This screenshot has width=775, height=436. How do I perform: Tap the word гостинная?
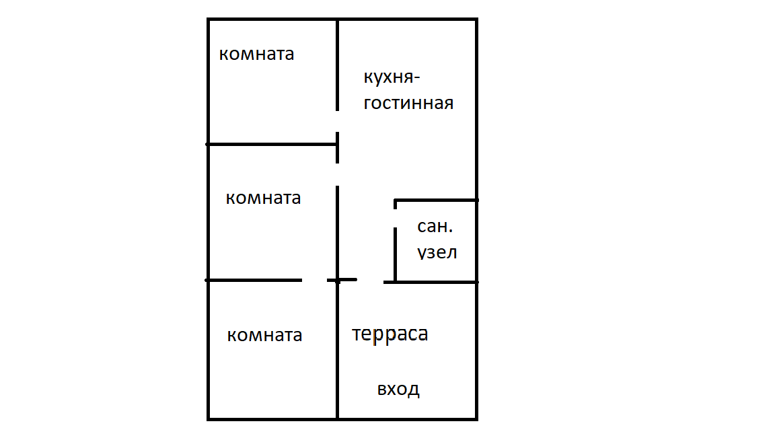point(408,103)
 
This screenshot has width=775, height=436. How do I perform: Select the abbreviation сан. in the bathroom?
point(434,227)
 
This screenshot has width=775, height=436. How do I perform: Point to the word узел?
point(437,253)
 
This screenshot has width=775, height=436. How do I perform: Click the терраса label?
point(390,334)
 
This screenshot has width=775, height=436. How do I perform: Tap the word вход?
point(398,389)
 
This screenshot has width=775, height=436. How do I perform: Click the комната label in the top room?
point(256,54)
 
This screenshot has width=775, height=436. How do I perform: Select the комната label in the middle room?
point(263,198)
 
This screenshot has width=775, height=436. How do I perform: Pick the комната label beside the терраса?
point(264,335)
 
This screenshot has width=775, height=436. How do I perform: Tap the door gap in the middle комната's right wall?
point(337,174)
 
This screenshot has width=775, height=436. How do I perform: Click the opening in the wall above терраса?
point(370,281)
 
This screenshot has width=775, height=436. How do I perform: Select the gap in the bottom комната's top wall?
point(314,280)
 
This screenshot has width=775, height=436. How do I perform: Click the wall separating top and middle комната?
point(271,144)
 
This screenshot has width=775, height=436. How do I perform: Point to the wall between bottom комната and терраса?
point(337,350)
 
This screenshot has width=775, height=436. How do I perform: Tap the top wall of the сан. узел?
point(436,201)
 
